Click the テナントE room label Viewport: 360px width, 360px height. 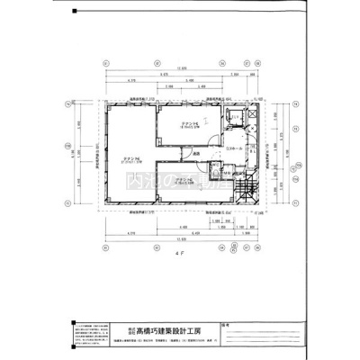coord(188,124)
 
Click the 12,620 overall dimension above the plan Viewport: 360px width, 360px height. coord(180,69)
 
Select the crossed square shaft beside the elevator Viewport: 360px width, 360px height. coord(251,115)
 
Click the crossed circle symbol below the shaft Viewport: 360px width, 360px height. coord(251,128)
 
